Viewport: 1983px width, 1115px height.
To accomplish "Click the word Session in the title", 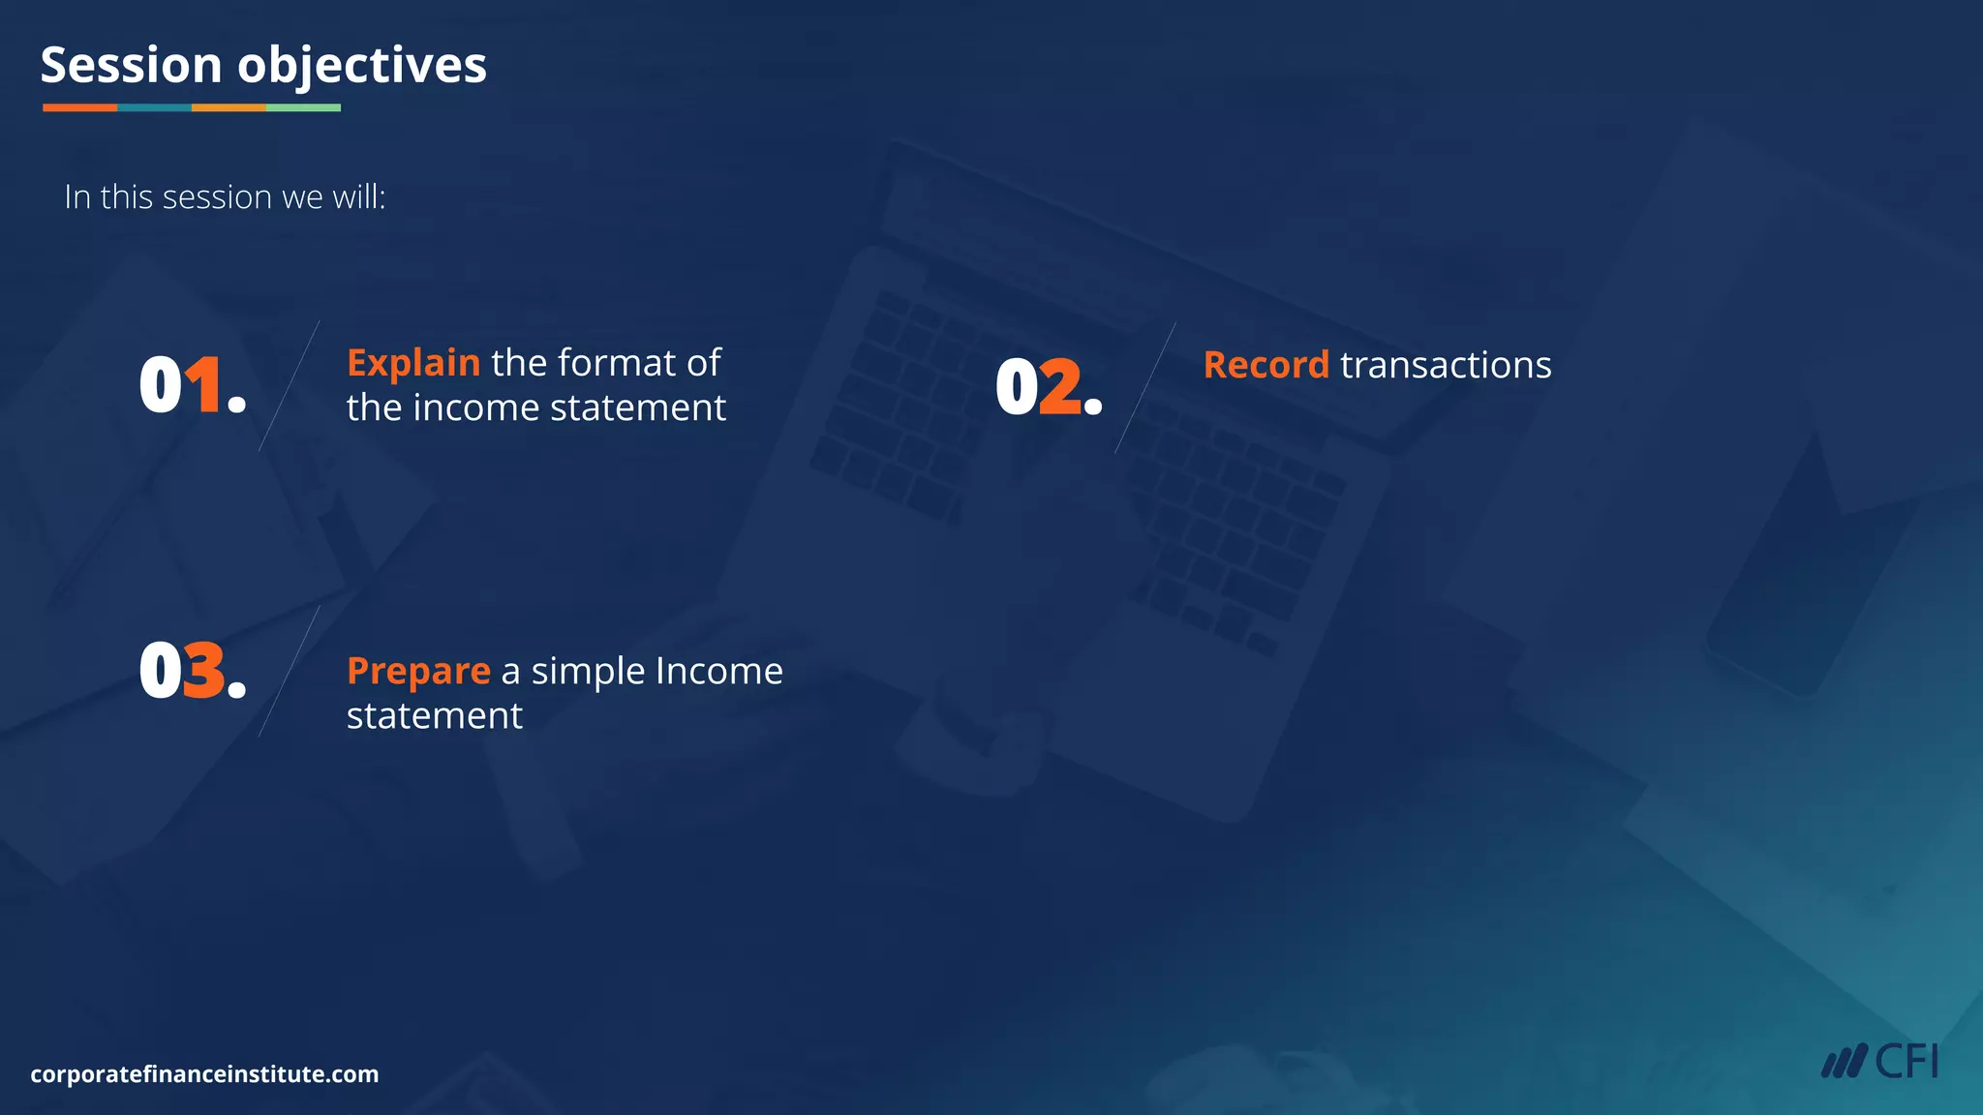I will (x=131, y=65).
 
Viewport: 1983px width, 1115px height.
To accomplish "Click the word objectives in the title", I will (x=362, y=67).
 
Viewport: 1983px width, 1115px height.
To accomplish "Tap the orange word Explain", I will (x=413, y=363).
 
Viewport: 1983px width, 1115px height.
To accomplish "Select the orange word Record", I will (x=1266, y=366).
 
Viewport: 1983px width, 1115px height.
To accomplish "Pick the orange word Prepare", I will (x=418, y=672).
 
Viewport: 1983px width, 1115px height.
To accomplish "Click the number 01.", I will (x=192, y=385).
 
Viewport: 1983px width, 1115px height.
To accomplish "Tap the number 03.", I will (x=192, y=670).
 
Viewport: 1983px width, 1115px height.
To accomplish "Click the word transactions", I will (x=1446, y=366).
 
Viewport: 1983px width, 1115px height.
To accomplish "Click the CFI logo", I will (x=1879, y=1062).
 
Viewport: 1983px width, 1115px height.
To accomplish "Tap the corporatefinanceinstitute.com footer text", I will (x=204, y=1074).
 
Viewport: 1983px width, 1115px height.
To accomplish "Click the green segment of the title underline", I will (x=303, y=107).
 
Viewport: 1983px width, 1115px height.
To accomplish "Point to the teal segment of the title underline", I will (x=154, y=107).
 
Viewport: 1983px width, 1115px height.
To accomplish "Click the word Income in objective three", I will (x=718, y=671).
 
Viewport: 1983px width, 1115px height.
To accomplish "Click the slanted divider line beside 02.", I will (x=1145, y=387).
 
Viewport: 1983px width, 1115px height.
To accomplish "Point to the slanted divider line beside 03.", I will (x=289, y=672).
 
